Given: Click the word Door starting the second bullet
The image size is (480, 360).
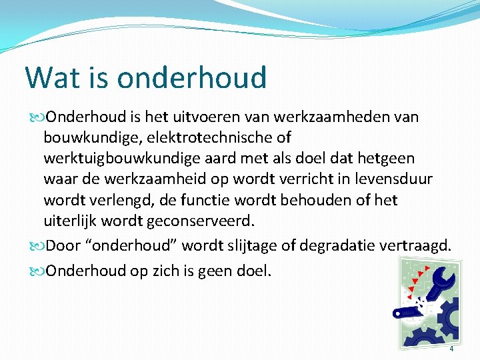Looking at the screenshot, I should coord(63,246).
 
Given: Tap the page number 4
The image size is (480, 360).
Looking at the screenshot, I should coord(451,349).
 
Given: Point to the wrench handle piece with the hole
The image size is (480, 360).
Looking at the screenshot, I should coord(404,310).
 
